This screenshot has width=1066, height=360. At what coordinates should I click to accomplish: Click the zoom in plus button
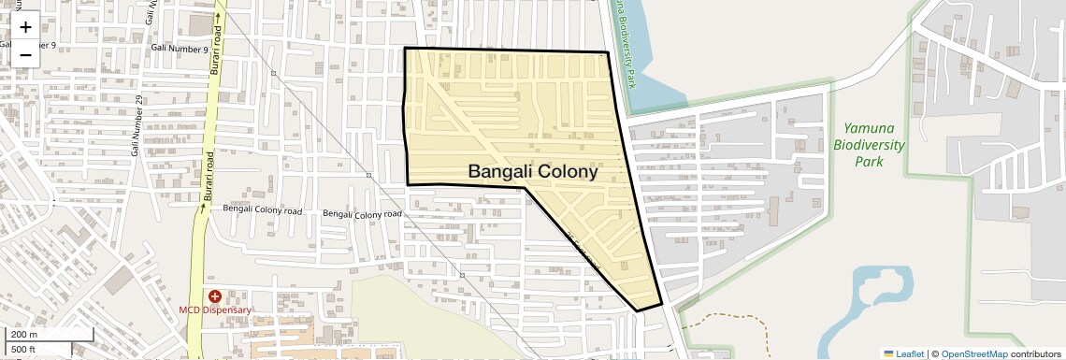point(25,27)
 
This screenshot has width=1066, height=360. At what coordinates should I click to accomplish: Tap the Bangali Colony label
point(532,171)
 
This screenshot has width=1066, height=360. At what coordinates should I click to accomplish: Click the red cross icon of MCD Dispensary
point(214,295)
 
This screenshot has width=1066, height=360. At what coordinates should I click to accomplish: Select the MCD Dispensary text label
point(215,310)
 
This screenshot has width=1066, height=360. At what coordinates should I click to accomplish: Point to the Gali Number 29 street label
point(137,126)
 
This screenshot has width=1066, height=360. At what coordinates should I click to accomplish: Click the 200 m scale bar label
point(24,335)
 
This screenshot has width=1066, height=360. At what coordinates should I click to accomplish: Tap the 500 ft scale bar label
point(23,350)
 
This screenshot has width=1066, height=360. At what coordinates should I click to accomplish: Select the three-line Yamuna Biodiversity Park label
point(870,144)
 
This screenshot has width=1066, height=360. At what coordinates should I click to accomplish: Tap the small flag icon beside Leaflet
point(888,353)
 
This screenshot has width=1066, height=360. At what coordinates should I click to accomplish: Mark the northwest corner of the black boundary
point(405,48)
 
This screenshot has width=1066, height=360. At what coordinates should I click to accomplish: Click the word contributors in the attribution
point(1036,353)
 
